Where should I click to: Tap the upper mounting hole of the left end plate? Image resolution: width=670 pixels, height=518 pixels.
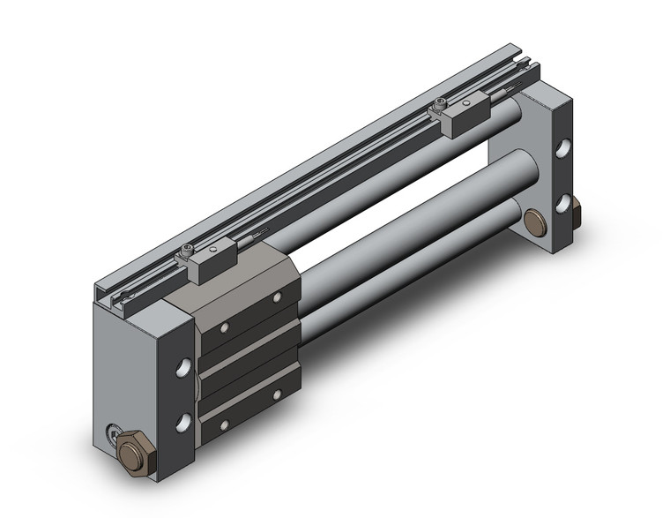click(x=183, y=366)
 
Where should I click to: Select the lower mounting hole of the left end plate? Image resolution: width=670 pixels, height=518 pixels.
click(x=183, y=422)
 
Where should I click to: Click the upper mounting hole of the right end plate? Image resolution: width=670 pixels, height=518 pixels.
click(x=562, y=148)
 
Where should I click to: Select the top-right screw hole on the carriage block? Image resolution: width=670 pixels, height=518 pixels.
click(x=277, y=298)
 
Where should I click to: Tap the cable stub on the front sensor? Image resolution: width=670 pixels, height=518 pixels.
click(x=255, y=236)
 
